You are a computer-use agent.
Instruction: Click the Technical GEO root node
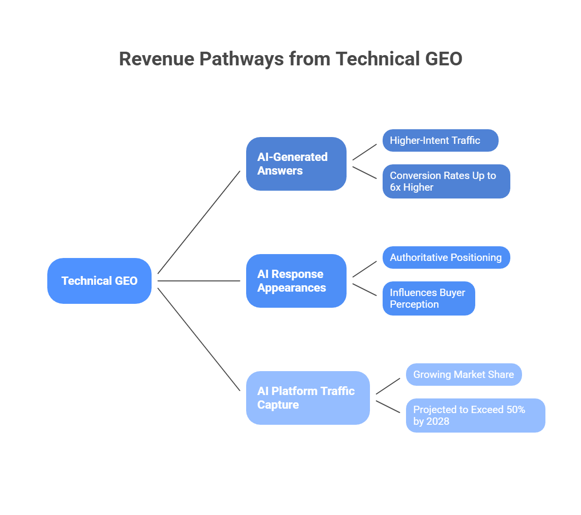coord(99,281)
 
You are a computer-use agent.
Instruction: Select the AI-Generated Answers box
coord(296,164)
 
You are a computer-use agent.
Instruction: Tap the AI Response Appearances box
coord(296,281)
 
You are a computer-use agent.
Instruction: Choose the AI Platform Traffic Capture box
coord(308,398)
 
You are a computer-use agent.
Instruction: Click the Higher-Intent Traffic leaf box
coord(440,140)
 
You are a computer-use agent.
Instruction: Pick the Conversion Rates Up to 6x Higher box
coord(446,181)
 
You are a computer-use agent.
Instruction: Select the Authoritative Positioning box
coord(446,257)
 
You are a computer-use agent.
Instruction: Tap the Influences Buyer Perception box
coord(428,298)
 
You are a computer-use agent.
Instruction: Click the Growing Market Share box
coord(464,375)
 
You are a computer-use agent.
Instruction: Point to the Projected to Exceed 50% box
coord(475,416)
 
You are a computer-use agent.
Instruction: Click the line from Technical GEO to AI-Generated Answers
coord(199,222)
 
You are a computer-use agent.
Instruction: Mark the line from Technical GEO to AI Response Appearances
coord(199,281)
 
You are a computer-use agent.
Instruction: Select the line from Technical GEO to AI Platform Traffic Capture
coord(199,339)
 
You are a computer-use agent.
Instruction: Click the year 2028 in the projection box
coord(437,421)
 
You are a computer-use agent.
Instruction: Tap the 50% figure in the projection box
coord(515,410)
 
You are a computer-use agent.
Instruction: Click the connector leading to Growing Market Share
coord(388,386)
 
